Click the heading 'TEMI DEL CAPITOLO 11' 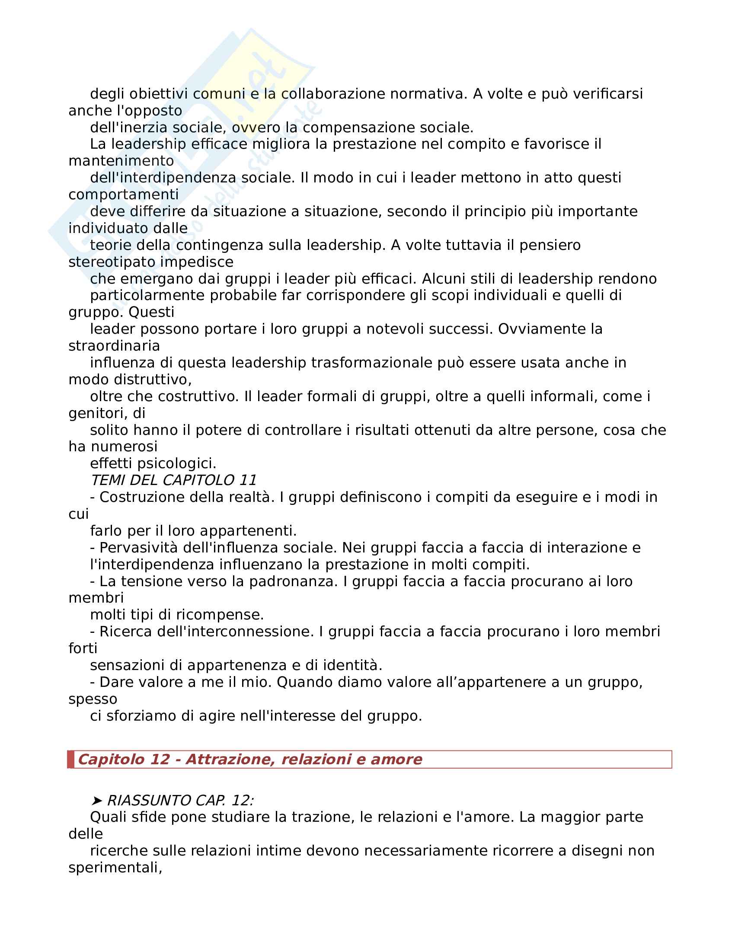(x=173, y=480)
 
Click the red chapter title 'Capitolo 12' (x=123, y=759)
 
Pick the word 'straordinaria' (x=114, y=346)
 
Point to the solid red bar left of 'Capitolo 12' (x=70, y=759)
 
